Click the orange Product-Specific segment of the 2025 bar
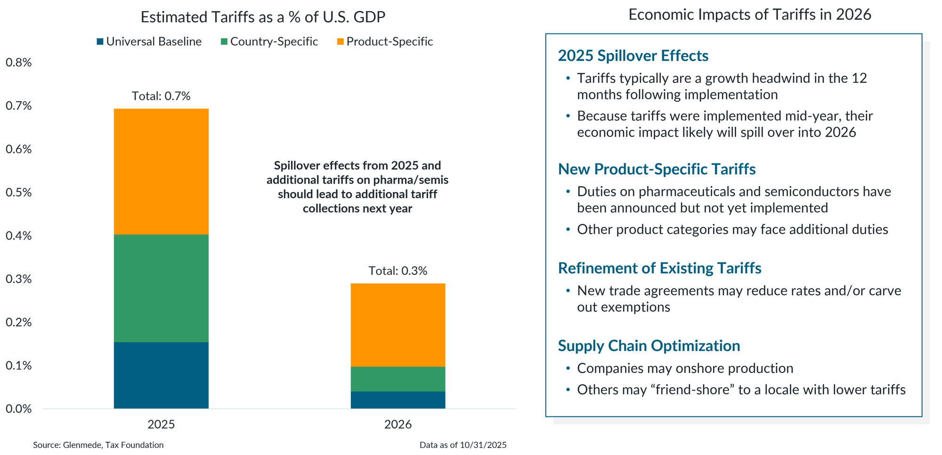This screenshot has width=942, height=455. tap(161, 171)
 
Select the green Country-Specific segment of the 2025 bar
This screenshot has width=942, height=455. tap(161, 288)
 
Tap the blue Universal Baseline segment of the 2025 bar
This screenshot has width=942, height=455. tap(161, 375)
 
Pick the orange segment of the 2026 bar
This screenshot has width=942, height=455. tap(398, 325)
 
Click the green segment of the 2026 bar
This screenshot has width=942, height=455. tap(398, 379)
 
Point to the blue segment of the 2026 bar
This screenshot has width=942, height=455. tap(398, 400)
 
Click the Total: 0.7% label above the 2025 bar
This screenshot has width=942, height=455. tap(161, 96)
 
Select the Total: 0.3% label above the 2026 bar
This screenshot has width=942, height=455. tap(398, 271)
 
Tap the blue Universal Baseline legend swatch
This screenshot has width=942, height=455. tap(100, 42)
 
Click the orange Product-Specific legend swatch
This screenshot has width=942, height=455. tap(340, 42)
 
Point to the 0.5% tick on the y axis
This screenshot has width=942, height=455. tap(18, 192)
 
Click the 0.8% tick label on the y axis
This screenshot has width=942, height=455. tap(18, 63)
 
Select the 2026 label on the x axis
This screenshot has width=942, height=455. tap(398, 424)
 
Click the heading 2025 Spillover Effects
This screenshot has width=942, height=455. tap(633, 56)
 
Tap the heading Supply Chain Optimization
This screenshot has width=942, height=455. tap(649, 346)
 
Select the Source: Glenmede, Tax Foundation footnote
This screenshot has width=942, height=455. tap(98, 445)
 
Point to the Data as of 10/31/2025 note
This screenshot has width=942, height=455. tap(463, 445)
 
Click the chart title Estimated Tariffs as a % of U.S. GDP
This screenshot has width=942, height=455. tap(263, 17)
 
